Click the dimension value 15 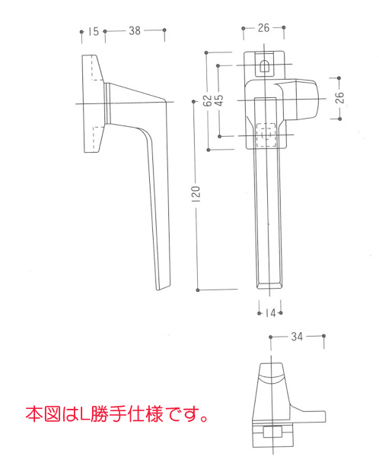[94, 31]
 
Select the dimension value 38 [135, 30]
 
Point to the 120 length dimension [196, 194]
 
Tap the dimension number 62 [207, 100]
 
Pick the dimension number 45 [219, 100]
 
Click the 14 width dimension [271, 313]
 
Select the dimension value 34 [297, 337]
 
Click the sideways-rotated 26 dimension [339, 97]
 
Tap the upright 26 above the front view [263, 28]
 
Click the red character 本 [34, 414]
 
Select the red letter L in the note [84, 414]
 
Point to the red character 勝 [99, 414]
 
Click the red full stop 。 [205, 418]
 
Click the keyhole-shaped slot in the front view [264, 66]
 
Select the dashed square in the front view [266, 135]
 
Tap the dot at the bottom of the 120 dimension [198, 290]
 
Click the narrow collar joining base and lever [107, 103]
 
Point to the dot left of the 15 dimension [81, 31]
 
